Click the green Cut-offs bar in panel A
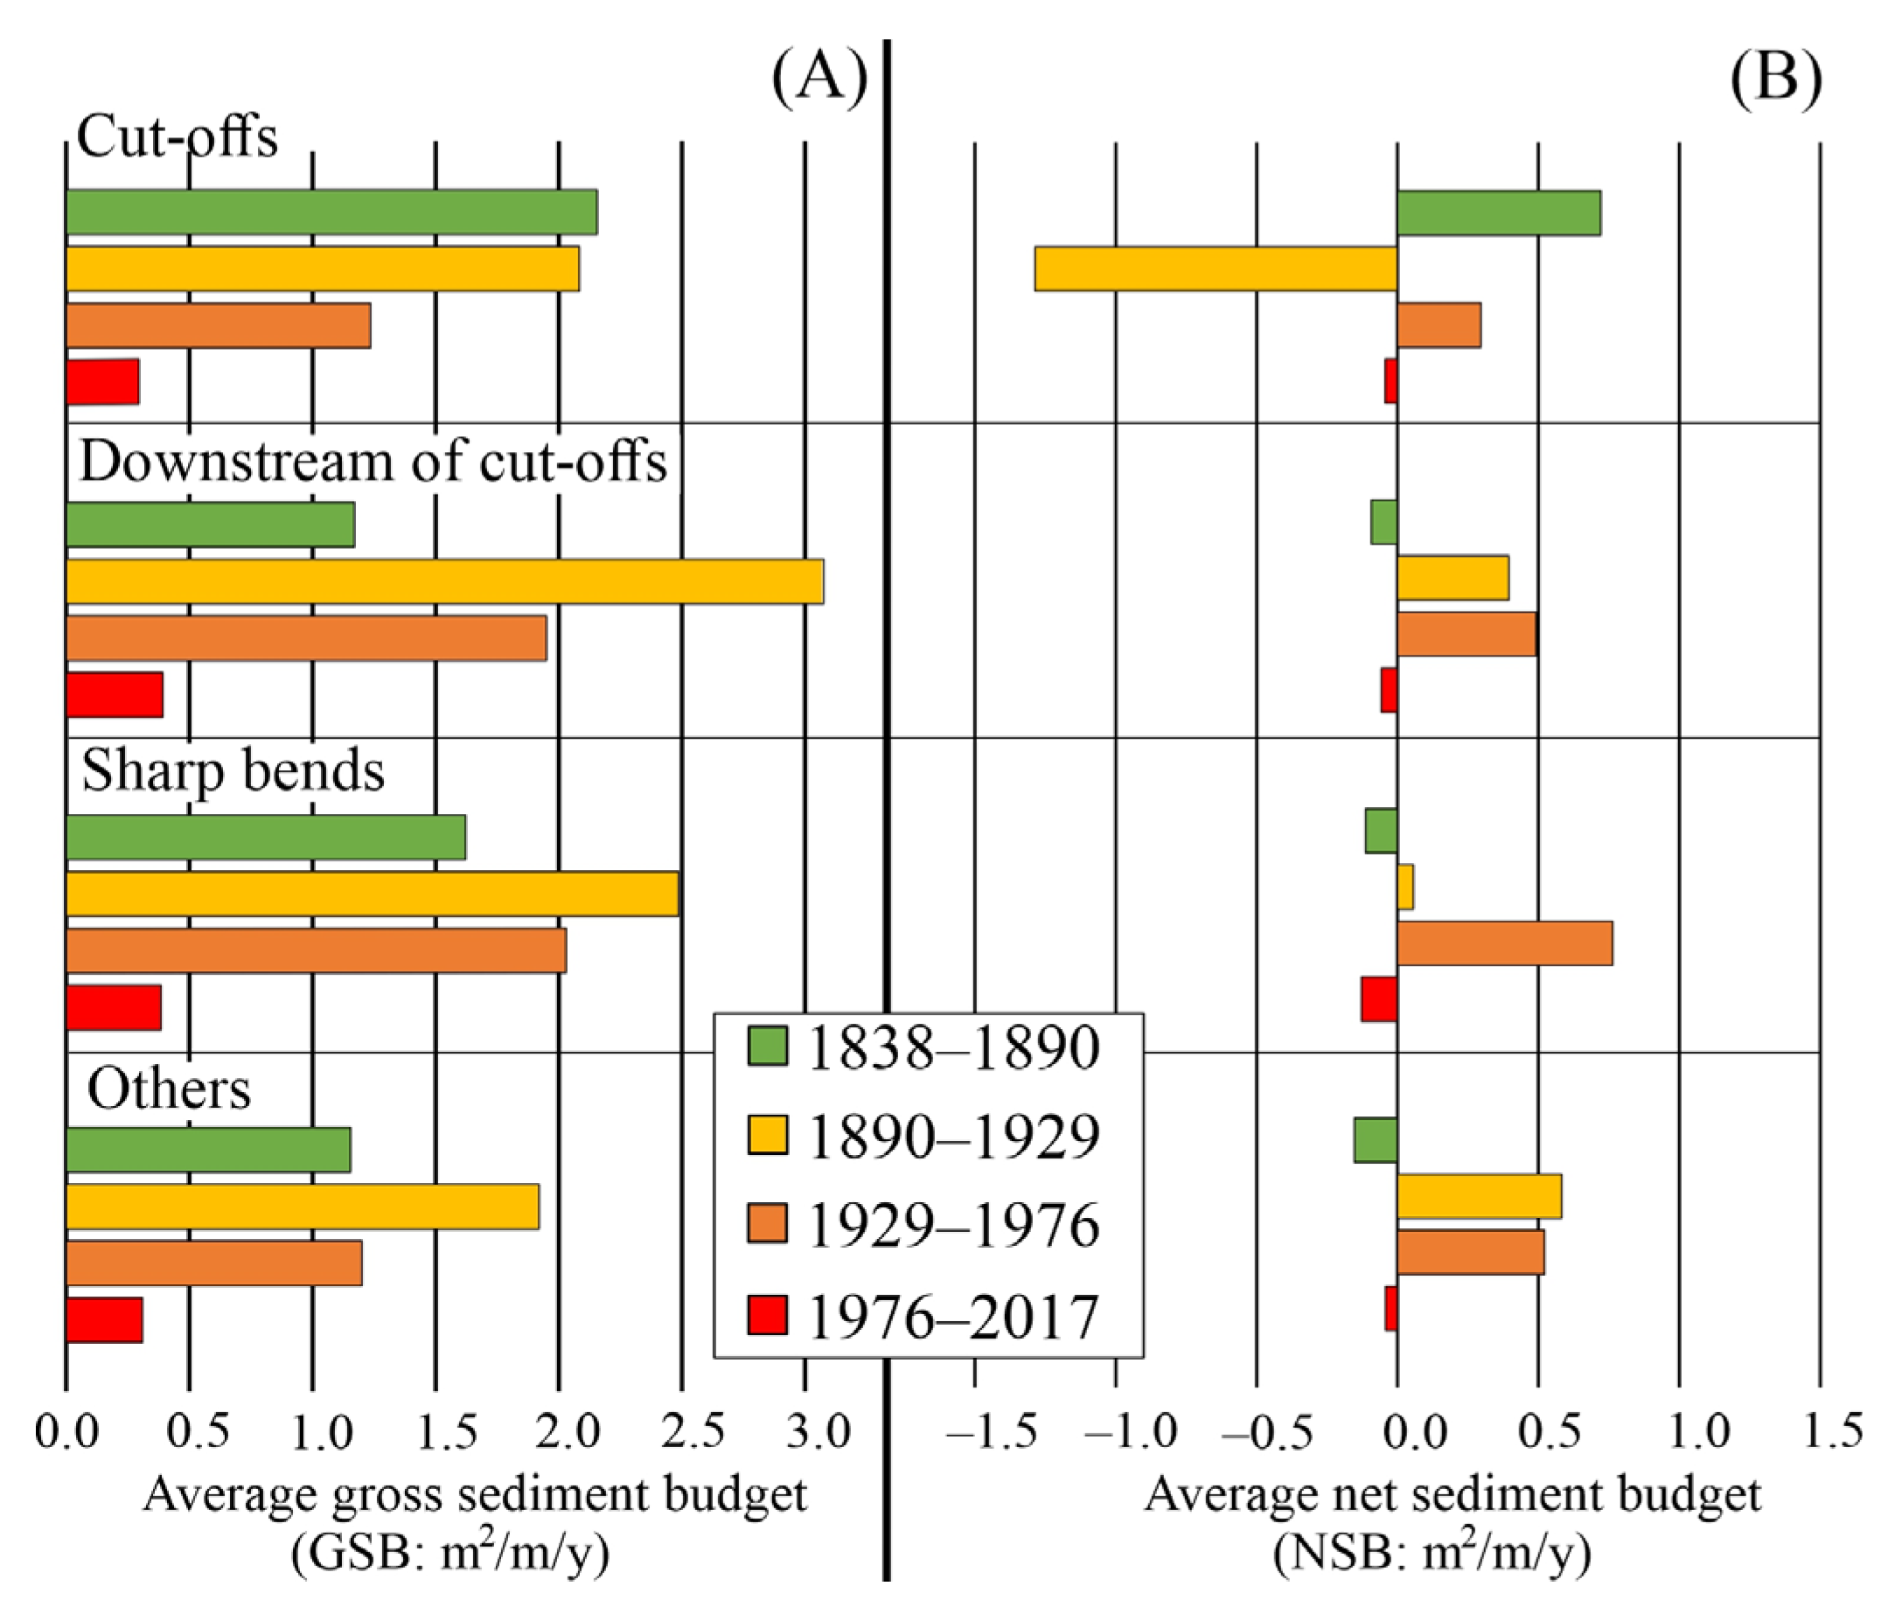pos(331,212)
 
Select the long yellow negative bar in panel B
pos(1216,268)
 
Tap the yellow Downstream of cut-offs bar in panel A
pos(444,581)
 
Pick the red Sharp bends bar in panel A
pos(114,1008)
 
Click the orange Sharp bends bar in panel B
pos(1504,943)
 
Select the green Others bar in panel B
pos(1376,1140)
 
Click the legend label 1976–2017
pos(953,1318)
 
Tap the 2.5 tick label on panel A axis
pos(693,1431)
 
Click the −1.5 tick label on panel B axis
pos(993,1431)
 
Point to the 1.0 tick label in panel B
pos(1698,1431)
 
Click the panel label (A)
pos(819,78)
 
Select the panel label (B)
pos(1775,78)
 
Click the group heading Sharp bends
pos(233,771)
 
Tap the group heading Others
pos(169,1089)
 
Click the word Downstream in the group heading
pos(239,461)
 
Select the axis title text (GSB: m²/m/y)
pos(450,1554)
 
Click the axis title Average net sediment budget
pos(1453,1495)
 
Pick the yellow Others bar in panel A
pos(302,1207)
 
